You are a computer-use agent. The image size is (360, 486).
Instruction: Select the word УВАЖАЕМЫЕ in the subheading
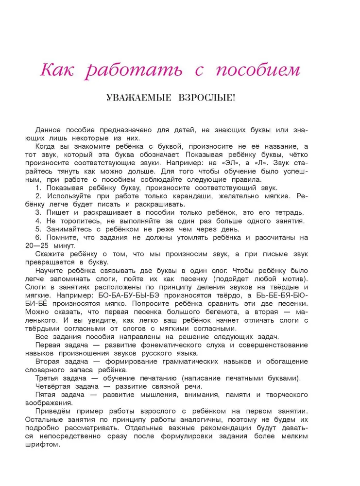139,98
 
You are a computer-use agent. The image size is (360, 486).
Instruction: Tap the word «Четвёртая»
56,386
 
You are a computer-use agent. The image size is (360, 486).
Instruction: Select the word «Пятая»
47,395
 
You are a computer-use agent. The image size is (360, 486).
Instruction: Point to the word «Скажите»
51,254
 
